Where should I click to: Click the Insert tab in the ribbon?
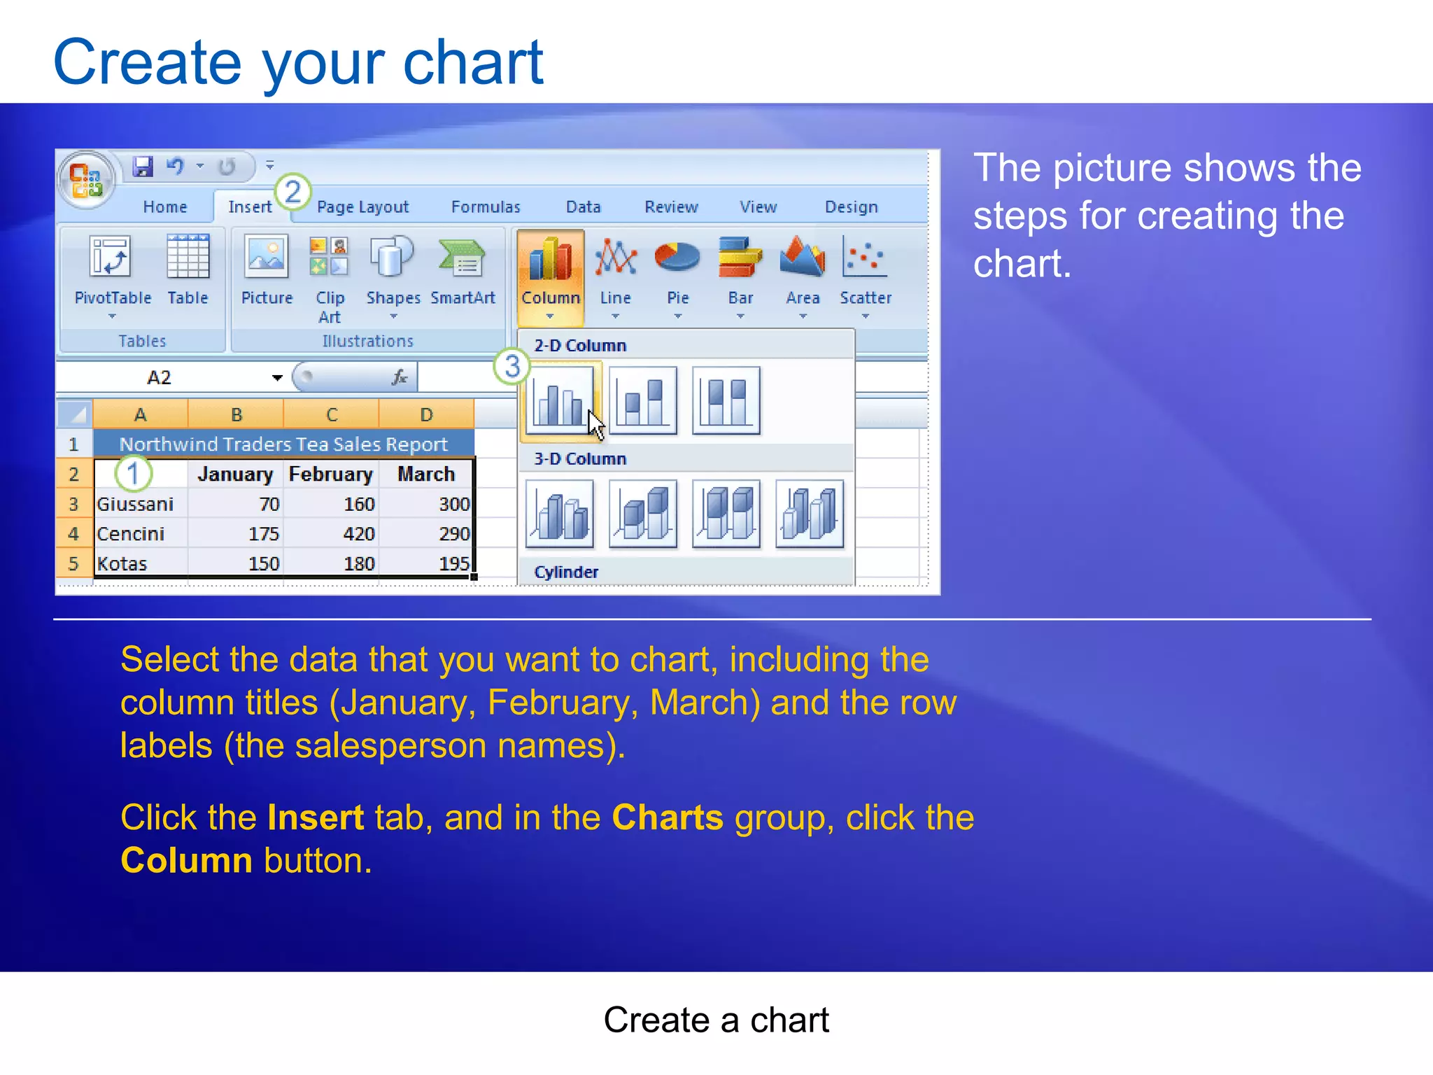coord(250,207)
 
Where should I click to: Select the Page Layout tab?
coord(362,207)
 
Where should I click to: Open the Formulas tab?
coord(486,207)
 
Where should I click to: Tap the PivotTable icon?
coord(112,273)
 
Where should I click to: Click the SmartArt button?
coord(463,273)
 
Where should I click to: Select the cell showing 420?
coord(332,534)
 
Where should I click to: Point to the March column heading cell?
coord(426,475)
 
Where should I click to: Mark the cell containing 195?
coord(426,564)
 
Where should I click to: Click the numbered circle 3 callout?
coord(512,366)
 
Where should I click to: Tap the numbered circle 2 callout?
coord(292,192)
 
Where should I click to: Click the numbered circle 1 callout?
coord(133,474)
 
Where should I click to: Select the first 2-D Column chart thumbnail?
coord(560,401)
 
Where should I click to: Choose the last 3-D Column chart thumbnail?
coord(810,514)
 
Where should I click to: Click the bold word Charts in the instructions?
coord(668,817)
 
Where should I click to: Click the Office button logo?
coord(86,180)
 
